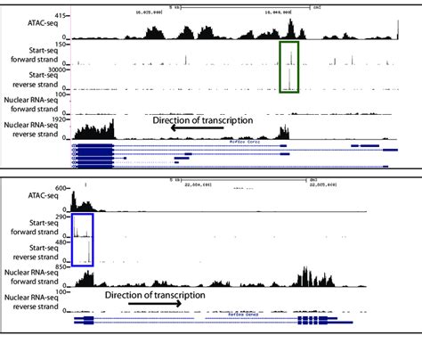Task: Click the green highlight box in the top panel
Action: (290, 68)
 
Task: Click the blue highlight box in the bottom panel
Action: (82, 239)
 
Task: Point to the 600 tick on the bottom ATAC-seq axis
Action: (63, 189)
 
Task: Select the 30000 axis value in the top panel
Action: (58, 70)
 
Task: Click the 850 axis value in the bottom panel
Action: (62, 266)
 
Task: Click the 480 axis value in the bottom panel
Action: (62, 241)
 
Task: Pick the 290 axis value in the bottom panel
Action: (62, 217)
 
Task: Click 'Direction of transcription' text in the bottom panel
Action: (155, 294)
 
